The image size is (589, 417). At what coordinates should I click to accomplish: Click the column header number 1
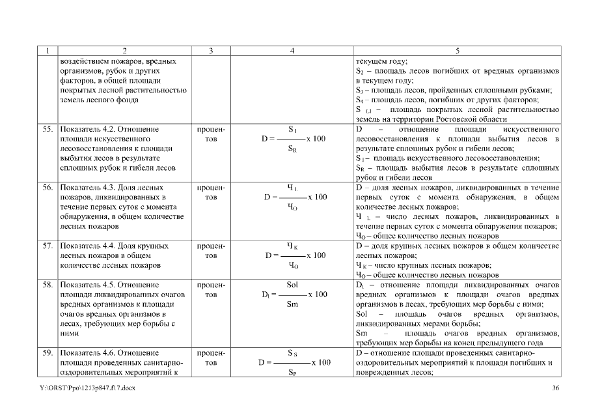pyautogui.click(x=48, y=50)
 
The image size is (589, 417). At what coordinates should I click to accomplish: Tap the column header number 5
pyautogui.click(x=456, y=50)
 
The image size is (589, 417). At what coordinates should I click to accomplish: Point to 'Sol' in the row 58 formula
pyautogui.click(x=292, y=285)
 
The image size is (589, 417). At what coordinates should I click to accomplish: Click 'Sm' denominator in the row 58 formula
pyautogui.click(x=292, y=304)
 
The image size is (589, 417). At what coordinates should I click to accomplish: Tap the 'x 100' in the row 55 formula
pyautogui.click(x=316, y=139)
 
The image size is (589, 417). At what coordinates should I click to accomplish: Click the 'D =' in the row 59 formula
pyautogui.click(x=265, y=363)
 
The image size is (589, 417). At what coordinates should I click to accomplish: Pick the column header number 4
pyautogui.click(x=292, y=50)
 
